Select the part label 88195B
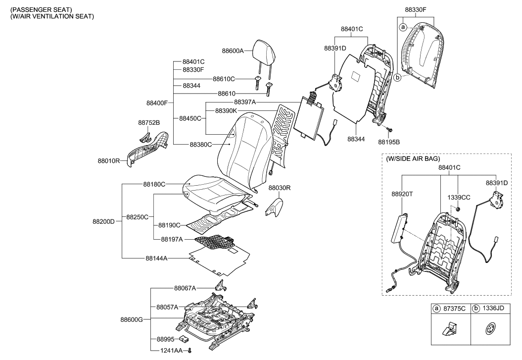388,142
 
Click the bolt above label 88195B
389,129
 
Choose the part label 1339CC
459,197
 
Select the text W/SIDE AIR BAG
413,159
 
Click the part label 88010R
108,161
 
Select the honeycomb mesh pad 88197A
215,241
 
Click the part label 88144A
156,258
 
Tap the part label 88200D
103,221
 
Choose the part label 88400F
157,103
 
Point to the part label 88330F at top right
416,9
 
